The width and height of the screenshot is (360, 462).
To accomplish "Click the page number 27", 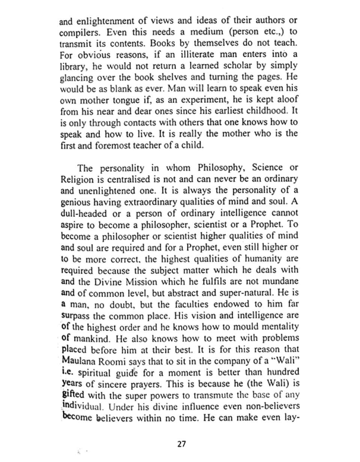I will tap(181, 444).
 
